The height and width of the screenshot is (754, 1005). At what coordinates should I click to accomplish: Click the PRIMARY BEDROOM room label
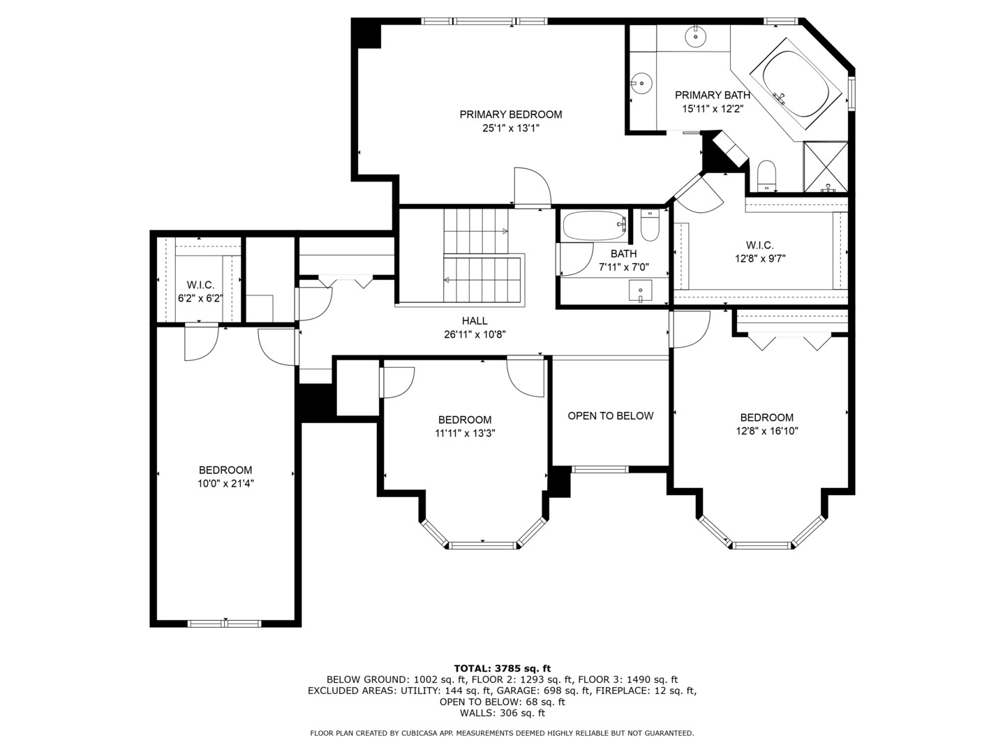[510, 114]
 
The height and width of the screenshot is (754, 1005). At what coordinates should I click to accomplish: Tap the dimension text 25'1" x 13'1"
[510, 128]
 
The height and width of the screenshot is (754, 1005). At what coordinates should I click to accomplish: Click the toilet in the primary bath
[766, 175]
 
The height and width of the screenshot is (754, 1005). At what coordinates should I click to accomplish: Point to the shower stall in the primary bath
[826, 167]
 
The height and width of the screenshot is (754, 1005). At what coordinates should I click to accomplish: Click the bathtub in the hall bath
[595, 226]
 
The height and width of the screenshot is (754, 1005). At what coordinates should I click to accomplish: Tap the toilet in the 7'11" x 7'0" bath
[650, 226]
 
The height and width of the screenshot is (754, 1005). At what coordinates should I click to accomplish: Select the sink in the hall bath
[640, 290]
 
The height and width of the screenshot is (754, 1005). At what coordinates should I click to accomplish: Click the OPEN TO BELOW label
[610, 416]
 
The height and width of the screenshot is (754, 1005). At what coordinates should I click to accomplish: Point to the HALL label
[475, 320]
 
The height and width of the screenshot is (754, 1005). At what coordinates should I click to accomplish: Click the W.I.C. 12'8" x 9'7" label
[759, 251]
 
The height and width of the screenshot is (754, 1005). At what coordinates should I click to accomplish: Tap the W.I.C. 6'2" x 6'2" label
[200, 292]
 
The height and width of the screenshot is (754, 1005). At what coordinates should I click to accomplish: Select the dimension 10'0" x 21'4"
[225, 483]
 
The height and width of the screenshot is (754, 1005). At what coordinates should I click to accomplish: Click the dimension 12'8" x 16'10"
[766, 431]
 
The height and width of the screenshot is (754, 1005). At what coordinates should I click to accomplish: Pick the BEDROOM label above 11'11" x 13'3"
[464, 420]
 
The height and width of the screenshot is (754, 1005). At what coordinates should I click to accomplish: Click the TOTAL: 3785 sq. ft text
[502, 668]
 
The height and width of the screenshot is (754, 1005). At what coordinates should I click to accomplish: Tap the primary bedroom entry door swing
[532, 187]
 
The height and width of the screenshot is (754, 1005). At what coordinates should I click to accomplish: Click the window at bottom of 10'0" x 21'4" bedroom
[225, 623]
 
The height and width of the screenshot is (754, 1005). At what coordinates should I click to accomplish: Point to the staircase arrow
[504, 230]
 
